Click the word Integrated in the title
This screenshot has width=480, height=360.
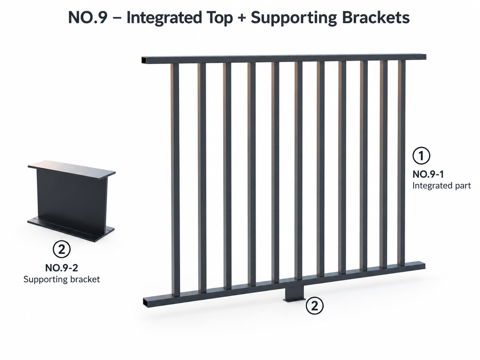[x=164, y=18]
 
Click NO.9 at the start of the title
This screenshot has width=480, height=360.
[x=88, y=18]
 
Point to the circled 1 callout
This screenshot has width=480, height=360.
[x=421, y=155]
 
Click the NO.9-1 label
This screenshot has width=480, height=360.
[x=428, y=174]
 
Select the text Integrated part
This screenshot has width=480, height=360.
[x=442, y=186]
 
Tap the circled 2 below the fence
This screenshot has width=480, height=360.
[x=315, y=306]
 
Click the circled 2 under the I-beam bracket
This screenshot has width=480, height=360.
[x=62, y=249]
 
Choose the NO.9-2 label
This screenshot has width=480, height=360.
[x=62, y=268]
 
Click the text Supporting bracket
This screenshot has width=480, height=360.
[x=62, y=279]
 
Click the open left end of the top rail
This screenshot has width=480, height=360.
[x=144, y=60]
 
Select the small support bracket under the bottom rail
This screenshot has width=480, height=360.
[x=295, y=294]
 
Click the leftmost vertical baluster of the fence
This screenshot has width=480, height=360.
[x=175, y=180]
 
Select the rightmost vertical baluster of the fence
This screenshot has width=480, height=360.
[x=401, y=163]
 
